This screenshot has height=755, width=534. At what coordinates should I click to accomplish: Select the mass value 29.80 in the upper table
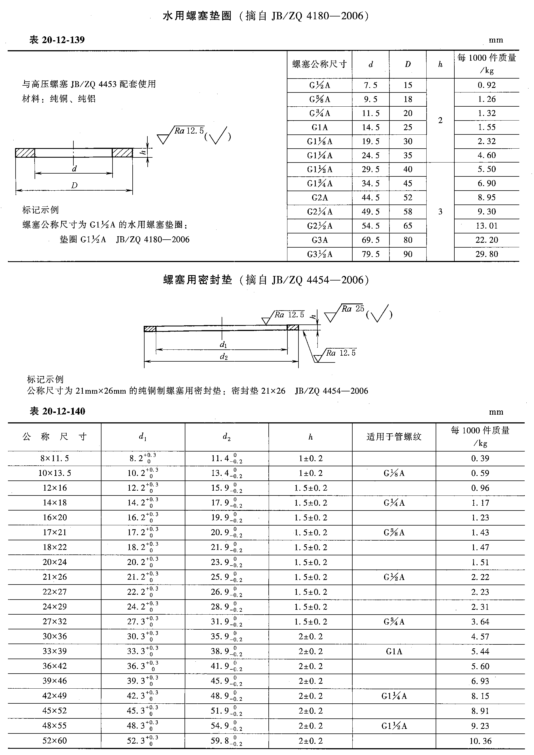486,254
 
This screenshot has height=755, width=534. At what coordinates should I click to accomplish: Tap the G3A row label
320,240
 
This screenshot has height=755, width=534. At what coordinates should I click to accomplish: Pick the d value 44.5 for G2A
370,197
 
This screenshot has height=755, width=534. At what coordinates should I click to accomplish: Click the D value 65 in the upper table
408,226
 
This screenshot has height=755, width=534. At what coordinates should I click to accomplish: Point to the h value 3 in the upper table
440,212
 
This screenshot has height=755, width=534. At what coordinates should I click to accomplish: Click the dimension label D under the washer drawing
74,185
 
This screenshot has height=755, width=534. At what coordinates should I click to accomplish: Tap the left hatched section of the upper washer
25,153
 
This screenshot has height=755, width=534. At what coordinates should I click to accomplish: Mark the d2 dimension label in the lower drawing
224,357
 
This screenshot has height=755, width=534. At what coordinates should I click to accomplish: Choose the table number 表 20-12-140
57,411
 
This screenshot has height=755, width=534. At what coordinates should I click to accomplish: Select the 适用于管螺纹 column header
394,436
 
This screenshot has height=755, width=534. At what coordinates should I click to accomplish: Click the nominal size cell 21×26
55,577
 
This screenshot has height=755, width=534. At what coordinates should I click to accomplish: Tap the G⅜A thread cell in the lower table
394,532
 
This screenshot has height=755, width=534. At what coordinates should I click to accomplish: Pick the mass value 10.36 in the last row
480,741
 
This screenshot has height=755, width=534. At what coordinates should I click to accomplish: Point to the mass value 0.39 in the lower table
480,458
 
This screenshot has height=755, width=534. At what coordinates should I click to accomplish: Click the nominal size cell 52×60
55,741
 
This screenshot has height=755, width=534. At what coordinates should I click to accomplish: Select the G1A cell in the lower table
394,651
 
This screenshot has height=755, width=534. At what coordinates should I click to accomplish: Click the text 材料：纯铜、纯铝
59,99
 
